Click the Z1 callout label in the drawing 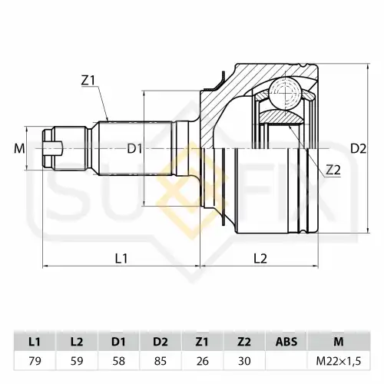[88, 81]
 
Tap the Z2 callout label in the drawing [333, 170]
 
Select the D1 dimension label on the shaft [134, 149]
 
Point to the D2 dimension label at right [359, 148]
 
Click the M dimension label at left [19, 148]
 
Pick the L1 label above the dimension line [121, 259]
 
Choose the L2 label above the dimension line [260, 259]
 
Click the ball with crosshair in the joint [284, 94]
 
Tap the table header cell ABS [286, 342]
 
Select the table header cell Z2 [244, 342]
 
